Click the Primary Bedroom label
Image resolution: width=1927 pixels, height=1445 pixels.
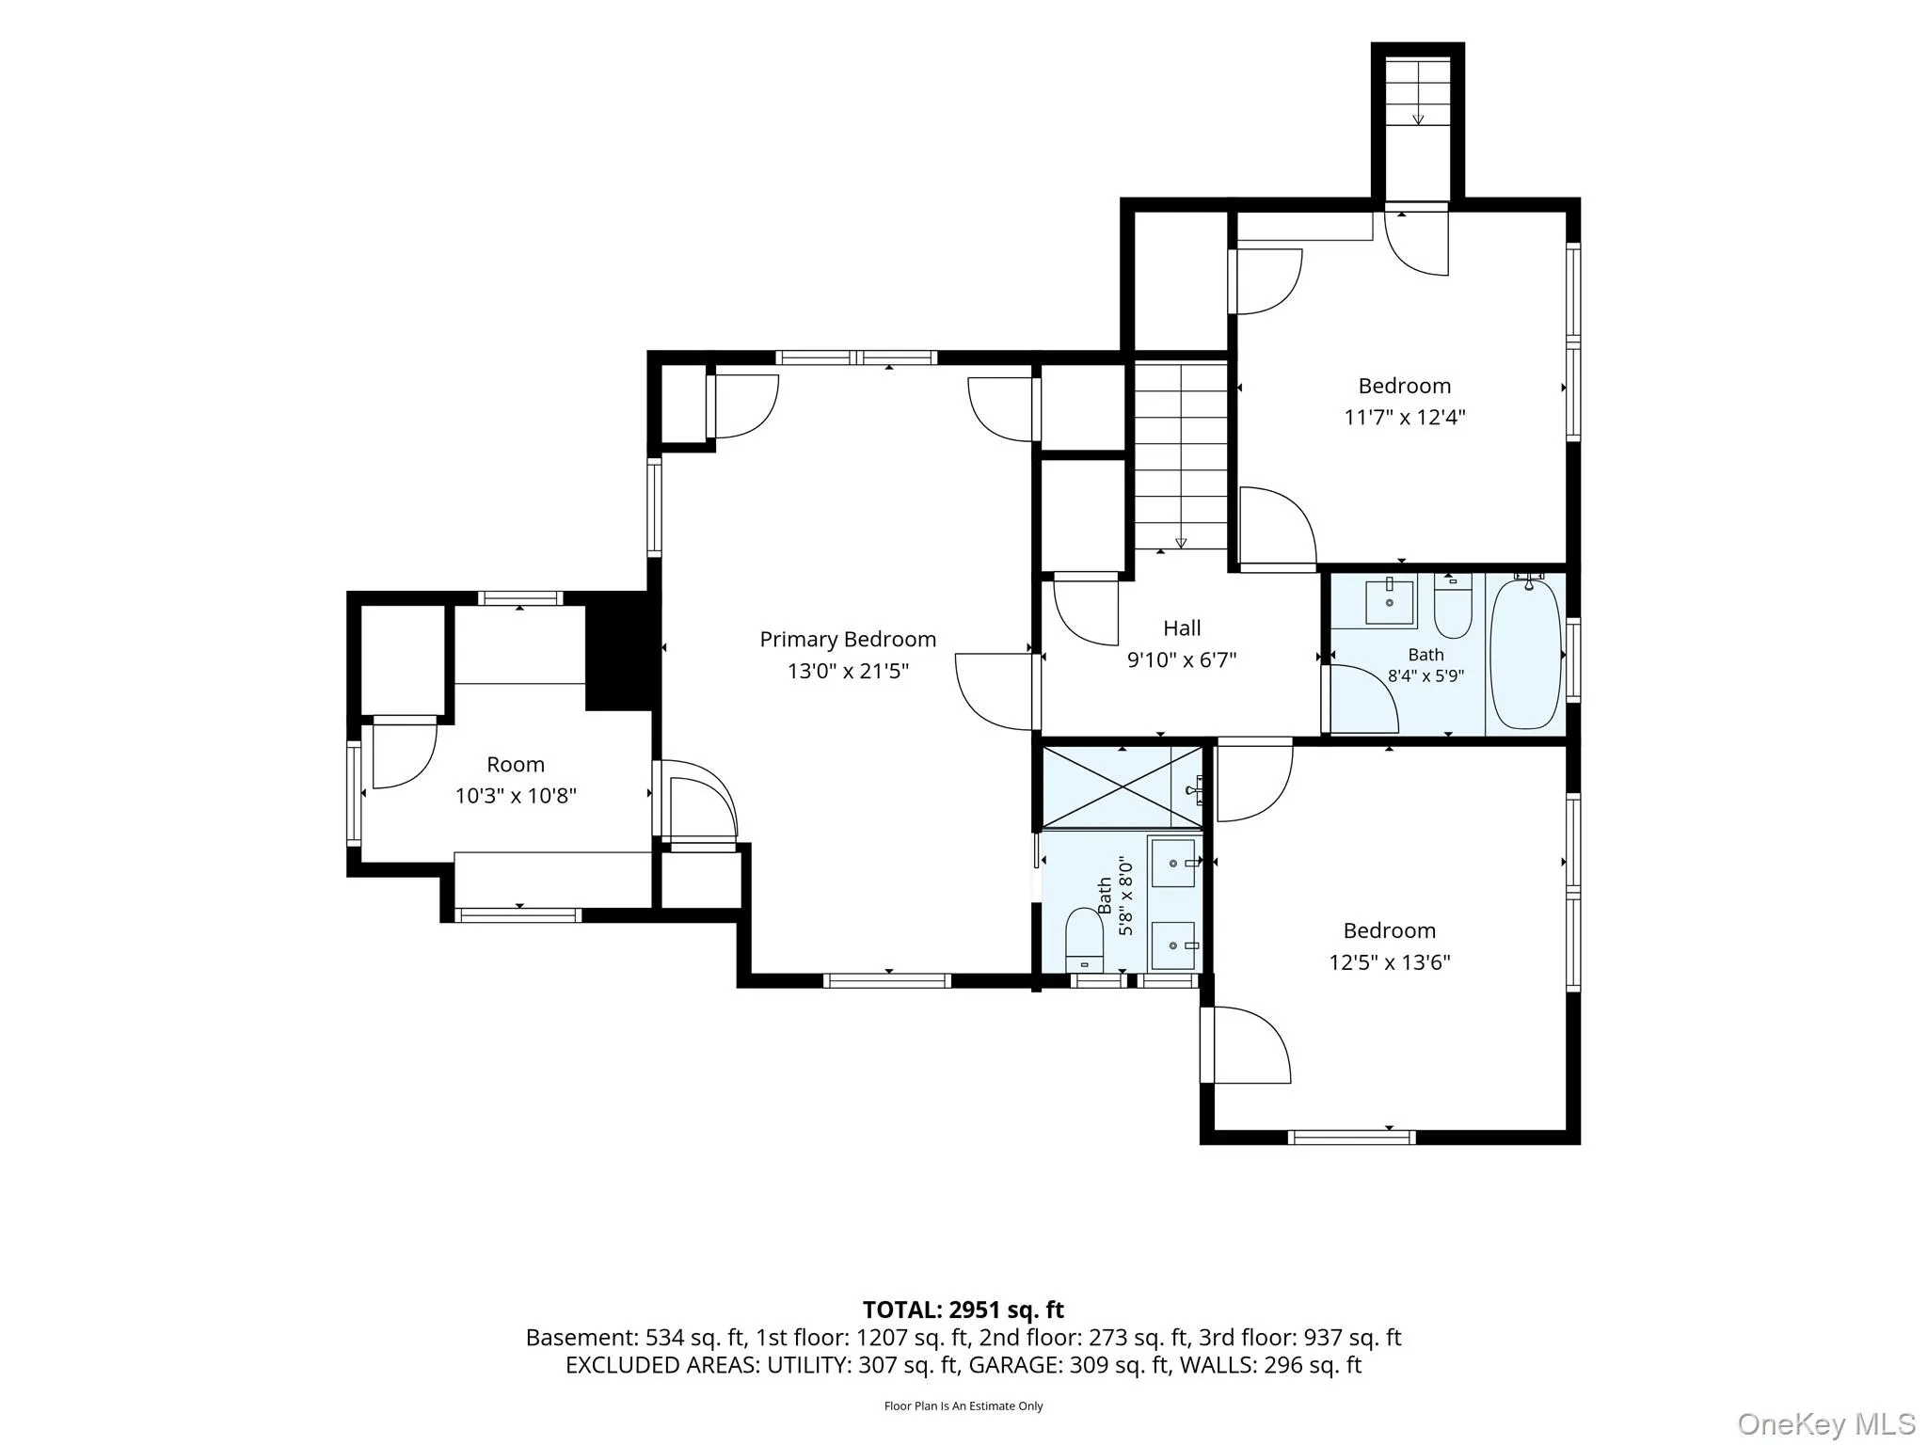click(x=848, y=640)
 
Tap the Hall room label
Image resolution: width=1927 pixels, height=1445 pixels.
click(x=1182, y=627)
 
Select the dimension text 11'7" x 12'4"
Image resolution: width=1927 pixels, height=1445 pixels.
click(x=1404, y=417)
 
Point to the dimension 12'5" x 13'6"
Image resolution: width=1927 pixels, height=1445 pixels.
click(x=1389, y=962)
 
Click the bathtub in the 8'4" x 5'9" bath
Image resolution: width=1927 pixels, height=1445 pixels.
click(x=1526, y=655)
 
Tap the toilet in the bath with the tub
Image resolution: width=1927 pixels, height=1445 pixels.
click(x=1453, y=606)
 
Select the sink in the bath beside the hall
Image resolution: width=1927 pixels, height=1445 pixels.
click(x=1389, y=602)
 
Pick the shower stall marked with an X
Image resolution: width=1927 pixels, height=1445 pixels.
click(x=1122, y=787)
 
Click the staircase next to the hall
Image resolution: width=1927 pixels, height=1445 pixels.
click(x=1181, y=456)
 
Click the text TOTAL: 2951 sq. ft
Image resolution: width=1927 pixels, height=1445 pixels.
click(x=963, y=1310)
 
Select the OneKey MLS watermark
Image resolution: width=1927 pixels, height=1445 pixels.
click(x=1826, y=1423)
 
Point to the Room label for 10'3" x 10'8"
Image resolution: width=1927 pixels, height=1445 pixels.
click(x=516, y=764)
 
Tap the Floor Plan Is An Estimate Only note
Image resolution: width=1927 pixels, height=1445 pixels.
click(x=963, y=1406)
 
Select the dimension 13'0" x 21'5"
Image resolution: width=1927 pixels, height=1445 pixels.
click(x=848, y=671)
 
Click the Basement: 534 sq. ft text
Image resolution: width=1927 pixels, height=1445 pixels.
click(x=635, y=1338)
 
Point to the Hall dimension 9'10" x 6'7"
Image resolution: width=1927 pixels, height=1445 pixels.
click(x=1182, y=659)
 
